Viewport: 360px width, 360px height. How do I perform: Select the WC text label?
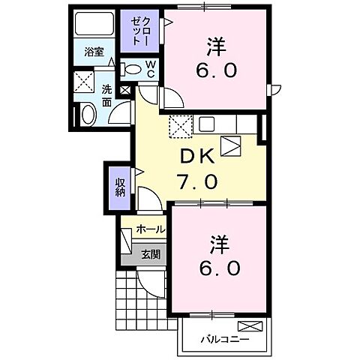pos(150,69)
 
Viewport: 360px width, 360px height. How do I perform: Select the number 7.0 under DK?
pos(197,181)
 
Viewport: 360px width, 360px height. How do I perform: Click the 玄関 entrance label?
pos(151,254)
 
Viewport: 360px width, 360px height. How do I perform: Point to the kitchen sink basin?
pos(206,123)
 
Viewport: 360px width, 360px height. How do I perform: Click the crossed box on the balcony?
pos(250,326)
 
